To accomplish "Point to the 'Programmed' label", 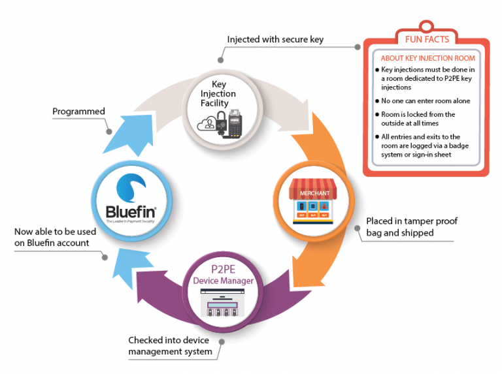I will click(78, 112).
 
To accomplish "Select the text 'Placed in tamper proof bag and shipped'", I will click(411, 226).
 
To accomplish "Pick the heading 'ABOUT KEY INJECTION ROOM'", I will click(427, 58).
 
